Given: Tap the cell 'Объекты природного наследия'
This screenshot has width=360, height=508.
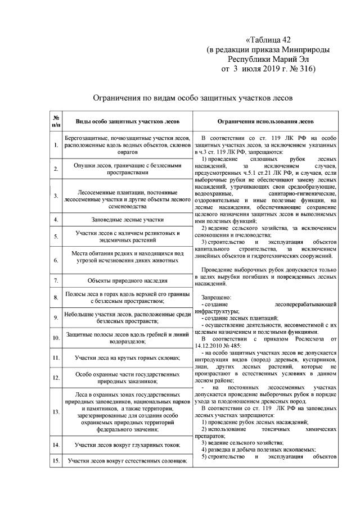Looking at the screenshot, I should (128, 280).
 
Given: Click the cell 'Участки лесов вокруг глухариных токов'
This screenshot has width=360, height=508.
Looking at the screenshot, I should (128, 445).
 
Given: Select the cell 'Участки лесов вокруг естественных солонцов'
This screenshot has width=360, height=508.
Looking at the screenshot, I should (128, 461).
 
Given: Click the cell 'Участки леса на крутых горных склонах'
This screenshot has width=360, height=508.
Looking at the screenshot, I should (128, 357).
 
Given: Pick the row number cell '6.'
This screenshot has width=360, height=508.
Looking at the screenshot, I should (56, 260).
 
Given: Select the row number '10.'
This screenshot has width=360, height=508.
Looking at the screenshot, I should (56, 338).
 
